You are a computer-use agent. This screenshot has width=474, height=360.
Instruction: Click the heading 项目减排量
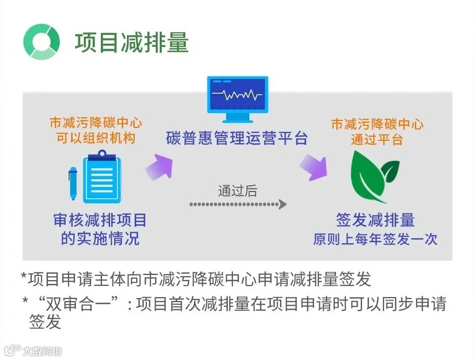coord(132,43)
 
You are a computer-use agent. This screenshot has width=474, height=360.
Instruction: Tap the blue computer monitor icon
coord(237,99)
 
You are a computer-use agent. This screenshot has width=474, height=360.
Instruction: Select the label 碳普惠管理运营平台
coord(236,138)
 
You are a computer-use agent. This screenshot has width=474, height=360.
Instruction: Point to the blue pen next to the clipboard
coord(73,183)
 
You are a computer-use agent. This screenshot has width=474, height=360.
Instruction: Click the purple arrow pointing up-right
coord(158,166)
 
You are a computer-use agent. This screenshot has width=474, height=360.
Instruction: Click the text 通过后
coord(237,191)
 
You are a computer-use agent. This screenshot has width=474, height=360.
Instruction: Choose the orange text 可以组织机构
coord(96,138)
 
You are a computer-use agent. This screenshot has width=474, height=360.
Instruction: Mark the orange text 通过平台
coord(377,139)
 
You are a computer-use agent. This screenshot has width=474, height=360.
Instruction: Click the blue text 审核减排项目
coord(100,220)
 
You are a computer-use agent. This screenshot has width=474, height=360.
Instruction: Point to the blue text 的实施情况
coord(100,238)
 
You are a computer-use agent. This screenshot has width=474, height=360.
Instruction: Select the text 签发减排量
coord(375,220)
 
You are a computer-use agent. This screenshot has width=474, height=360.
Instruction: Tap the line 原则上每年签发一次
coord(375,239)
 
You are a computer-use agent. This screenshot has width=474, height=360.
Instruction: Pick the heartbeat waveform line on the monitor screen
coord(237,95)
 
